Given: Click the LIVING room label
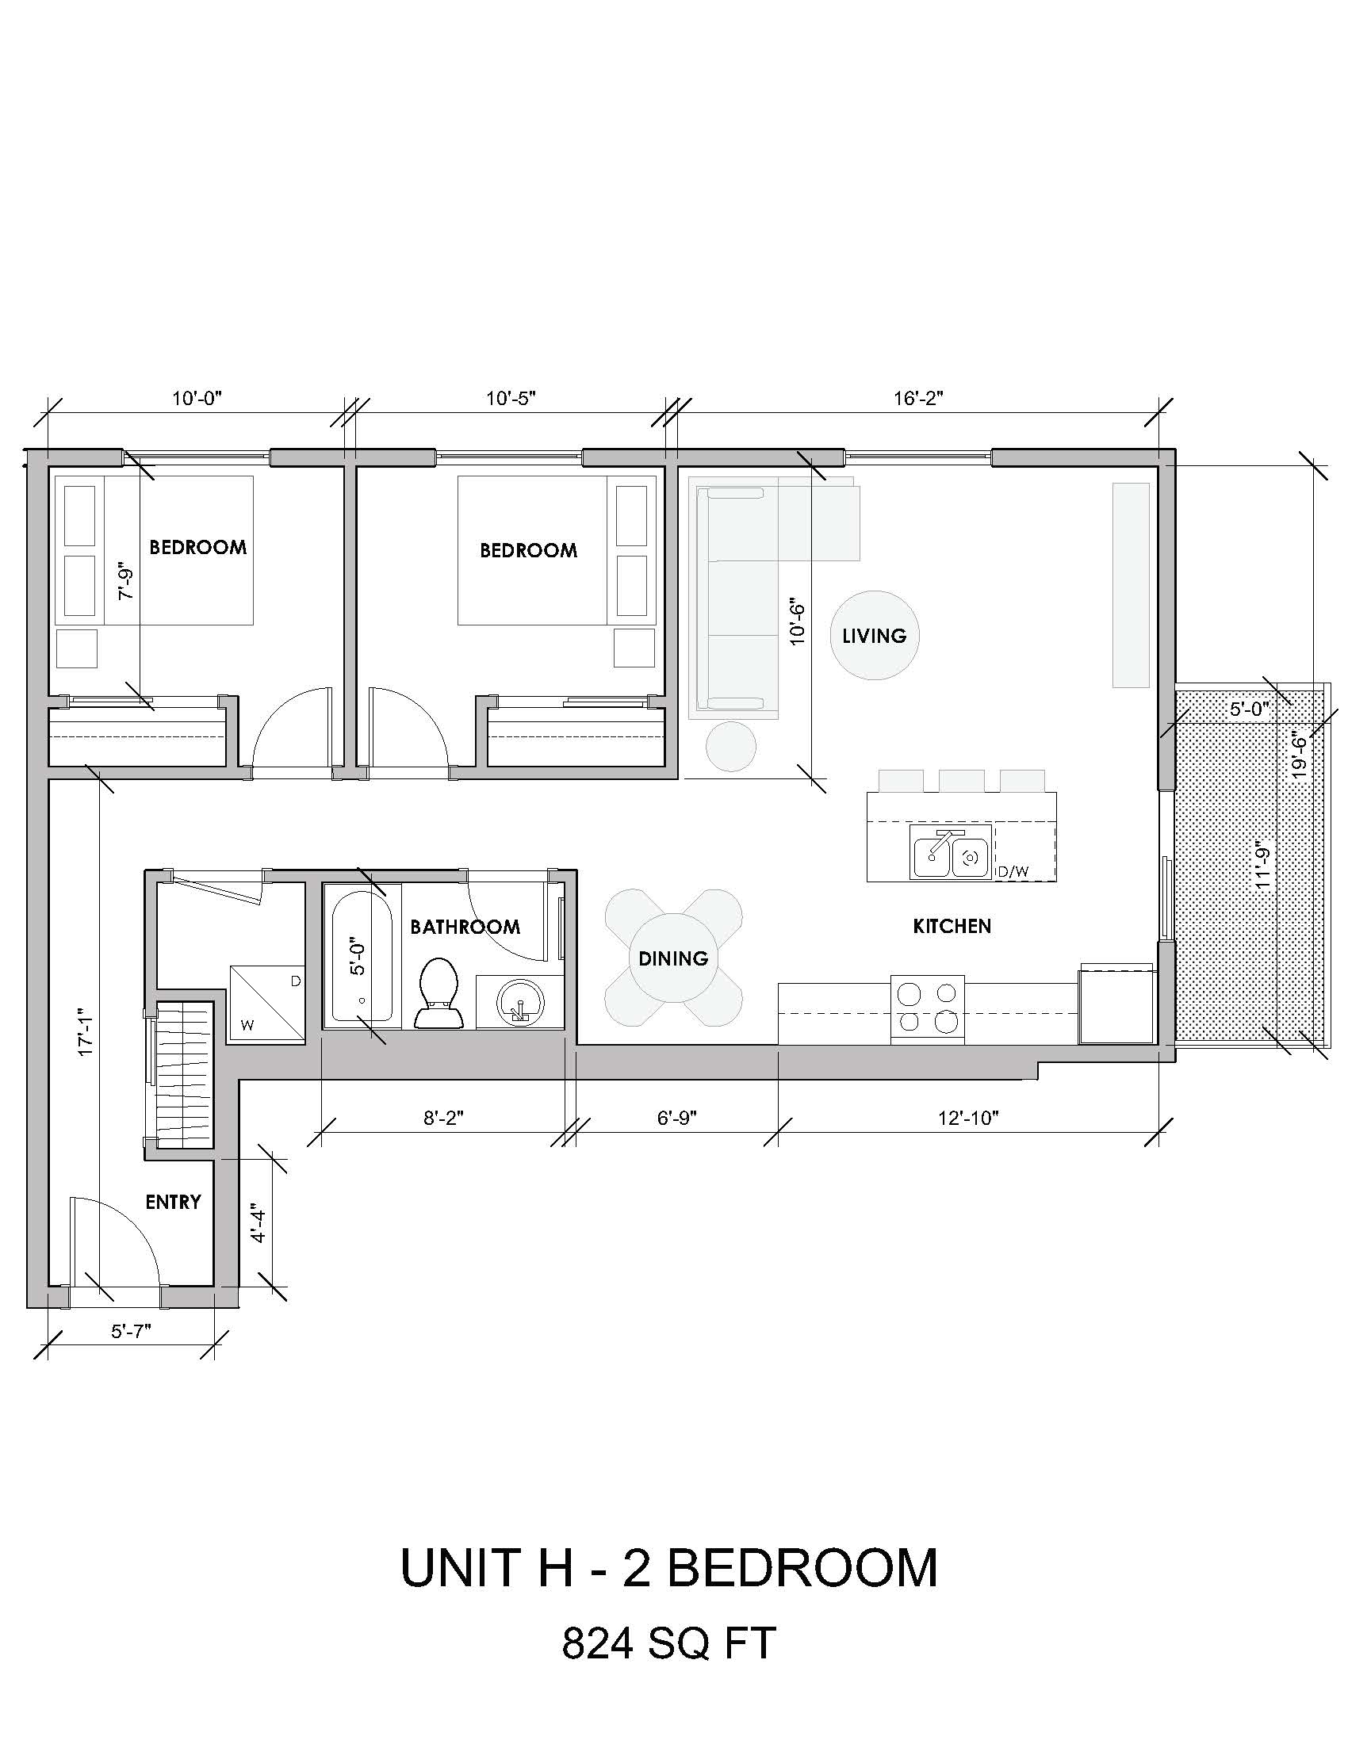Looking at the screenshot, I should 875,636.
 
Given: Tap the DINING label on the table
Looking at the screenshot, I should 673,958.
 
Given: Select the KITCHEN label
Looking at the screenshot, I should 952,925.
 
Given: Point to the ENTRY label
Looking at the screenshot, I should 173,1202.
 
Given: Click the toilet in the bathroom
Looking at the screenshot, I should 438,992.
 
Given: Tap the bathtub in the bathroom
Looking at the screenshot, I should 361,958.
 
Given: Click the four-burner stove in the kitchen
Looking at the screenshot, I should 927,1008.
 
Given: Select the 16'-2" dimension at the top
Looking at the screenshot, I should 918,399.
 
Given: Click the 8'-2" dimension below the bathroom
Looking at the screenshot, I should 443,1118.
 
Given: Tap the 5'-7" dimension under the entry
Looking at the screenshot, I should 131,1330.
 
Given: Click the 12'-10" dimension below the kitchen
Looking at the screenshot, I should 968,1118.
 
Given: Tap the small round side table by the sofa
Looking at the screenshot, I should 731,746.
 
